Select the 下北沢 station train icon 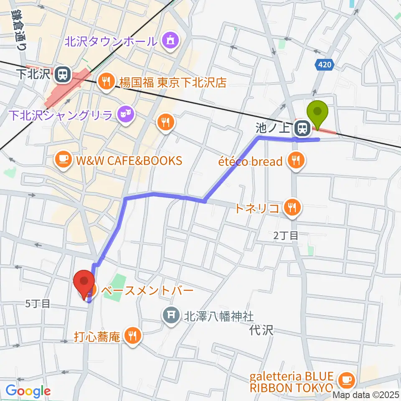coord(63,75)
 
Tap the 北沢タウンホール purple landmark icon coord(171,41)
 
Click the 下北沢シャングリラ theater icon coord(124,112)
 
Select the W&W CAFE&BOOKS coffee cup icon coord(63,160)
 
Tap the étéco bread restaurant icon coord(296,161)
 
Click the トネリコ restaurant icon coord(292,208)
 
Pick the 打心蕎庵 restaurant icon coord(132,336)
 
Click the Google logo coord(28,391)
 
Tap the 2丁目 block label coord(286,236)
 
